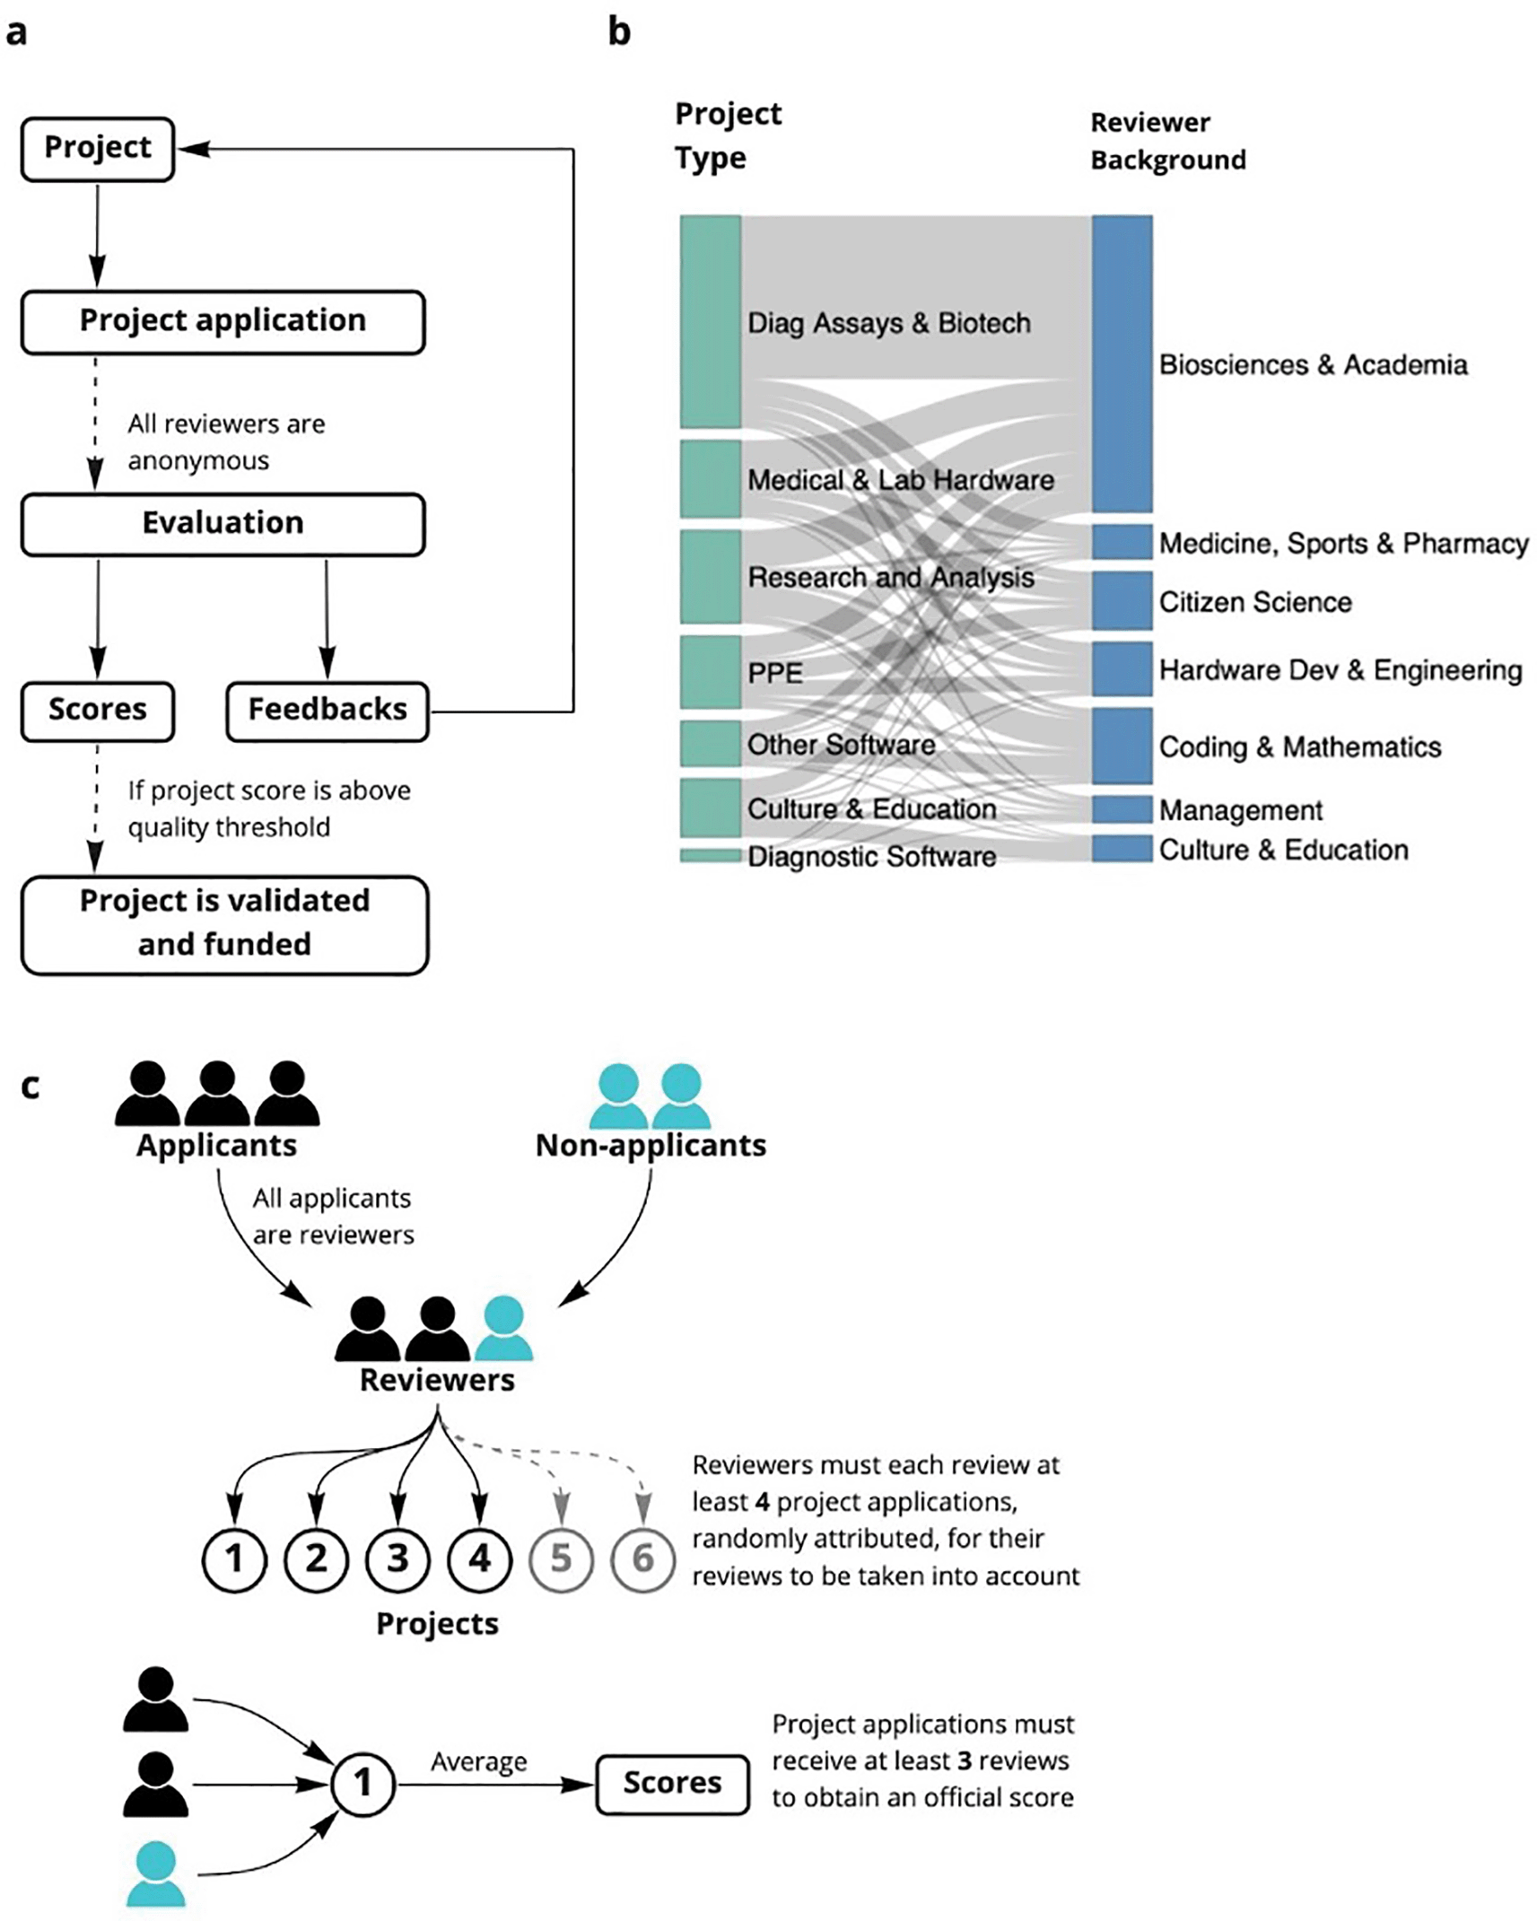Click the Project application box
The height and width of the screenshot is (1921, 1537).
(223, 321)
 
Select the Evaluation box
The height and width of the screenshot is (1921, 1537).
(223, 524)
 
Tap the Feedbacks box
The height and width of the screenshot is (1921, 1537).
(327, 711)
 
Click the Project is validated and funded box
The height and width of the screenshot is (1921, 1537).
(224, 924)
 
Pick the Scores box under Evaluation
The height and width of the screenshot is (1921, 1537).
(97, 711)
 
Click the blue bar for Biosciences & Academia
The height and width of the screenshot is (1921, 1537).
(1122, 363)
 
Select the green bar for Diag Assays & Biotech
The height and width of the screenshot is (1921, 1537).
(710, 321)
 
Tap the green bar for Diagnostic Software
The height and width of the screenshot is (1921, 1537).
(710, 856)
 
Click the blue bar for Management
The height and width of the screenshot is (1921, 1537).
(1122, 809)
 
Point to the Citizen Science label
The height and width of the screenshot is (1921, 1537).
(1254, 602)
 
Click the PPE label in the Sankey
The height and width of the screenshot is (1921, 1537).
(774, 673)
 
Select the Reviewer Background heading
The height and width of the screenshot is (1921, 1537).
(1166, 141)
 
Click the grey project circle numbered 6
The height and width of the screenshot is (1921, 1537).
(642, 1559)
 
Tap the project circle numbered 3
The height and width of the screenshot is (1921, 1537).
(397, 1559)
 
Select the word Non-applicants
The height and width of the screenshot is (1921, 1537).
(651, 1146)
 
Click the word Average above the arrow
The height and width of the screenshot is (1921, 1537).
(478, 1761)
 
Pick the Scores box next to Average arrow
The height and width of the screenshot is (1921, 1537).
(672, 1782)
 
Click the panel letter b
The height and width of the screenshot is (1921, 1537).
(619, 32)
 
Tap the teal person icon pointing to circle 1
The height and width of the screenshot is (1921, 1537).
(156, 1873)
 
